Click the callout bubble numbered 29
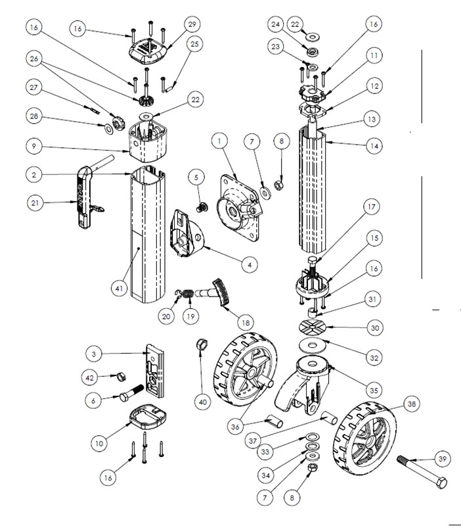(x=192, y=25)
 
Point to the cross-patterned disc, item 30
(x=311, y=327)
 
